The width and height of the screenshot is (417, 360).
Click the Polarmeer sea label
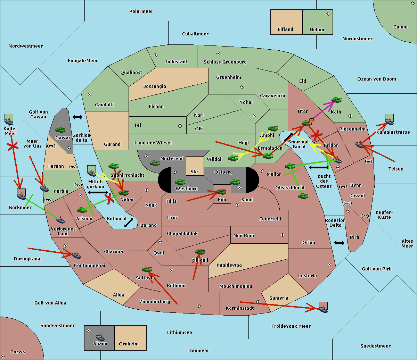coord(141,11)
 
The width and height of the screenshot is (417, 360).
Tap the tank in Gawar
coord(60,129)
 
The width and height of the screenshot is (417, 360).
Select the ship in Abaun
coord(100,337)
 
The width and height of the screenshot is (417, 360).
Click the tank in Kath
coord(336,100)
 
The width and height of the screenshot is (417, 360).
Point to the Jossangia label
coord(155,86)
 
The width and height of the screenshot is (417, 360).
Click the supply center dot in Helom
coord(328,14)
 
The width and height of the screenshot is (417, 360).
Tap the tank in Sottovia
coord(147,269)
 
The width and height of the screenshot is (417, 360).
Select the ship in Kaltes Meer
coord(9,122)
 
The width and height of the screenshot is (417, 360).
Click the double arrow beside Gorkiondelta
coord(77,117)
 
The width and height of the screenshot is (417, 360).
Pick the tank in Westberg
coord(180,182)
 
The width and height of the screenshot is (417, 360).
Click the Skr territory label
coord(195,171)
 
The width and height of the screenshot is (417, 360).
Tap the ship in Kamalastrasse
coord(389,122)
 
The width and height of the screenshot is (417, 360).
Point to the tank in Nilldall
coord(200,252)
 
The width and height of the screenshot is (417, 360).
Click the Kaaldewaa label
coord(229,265)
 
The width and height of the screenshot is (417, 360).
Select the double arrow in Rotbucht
coord(129,223)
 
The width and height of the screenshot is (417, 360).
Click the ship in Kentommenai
coord(76,255)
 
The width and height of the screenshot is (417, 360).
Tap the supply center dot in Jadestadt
coord(156,55)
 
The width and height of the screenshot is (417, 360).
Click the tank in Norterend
coord(155,163)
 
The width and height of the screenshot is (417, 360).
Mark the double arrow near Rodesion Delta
coord(339,243)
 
